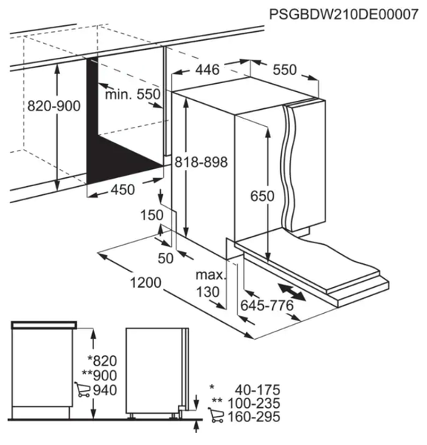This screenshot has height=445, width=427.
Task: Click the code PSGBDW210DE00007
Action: (x=343, y=14)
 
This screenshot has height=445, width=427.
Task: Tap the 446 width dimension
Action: (x=208, y=70)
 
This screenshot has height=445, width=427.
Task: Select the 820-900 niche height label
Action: (x=54, y=106)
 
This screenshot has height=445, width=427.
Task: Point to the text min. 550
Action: (x=133, y=94)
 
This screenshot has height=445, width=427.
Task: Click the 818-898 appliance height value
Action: (x=201, y=162)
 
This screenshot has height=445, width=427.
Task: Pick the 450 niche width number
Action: (x=122, y=190)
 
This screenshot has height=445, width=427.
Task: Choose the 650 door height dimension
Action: (x=262, y=196)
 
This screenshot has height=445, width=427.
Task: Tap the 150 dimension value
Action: (x=152, y=215)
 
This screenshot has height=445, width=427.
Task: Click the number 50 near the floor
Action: (x=165, y=258)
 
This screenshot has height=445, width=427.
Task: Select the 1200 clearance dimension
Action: (x=145, y=283)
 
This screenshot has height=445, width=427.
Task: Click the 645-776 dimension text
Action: (x=267, y=306)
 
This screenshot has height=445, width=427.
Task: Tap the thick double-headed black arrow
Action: (x=292, y=291)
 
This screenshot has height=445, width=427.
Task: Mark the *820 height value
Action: (x=102, y=361)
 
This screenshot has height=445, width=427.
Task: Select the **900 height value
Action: (x=99, y=375)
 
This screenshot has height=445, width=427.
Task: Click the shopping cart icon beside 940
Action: (x=82, y=389)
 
